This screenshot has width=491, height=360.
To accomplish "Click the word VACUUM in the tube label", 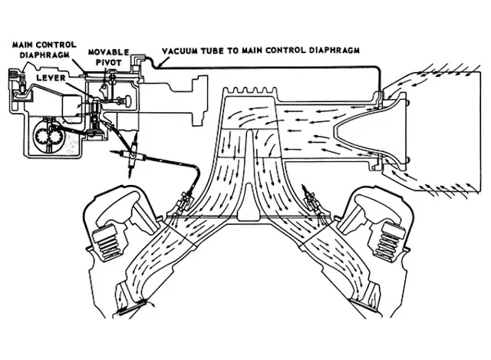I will [182, 54].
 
